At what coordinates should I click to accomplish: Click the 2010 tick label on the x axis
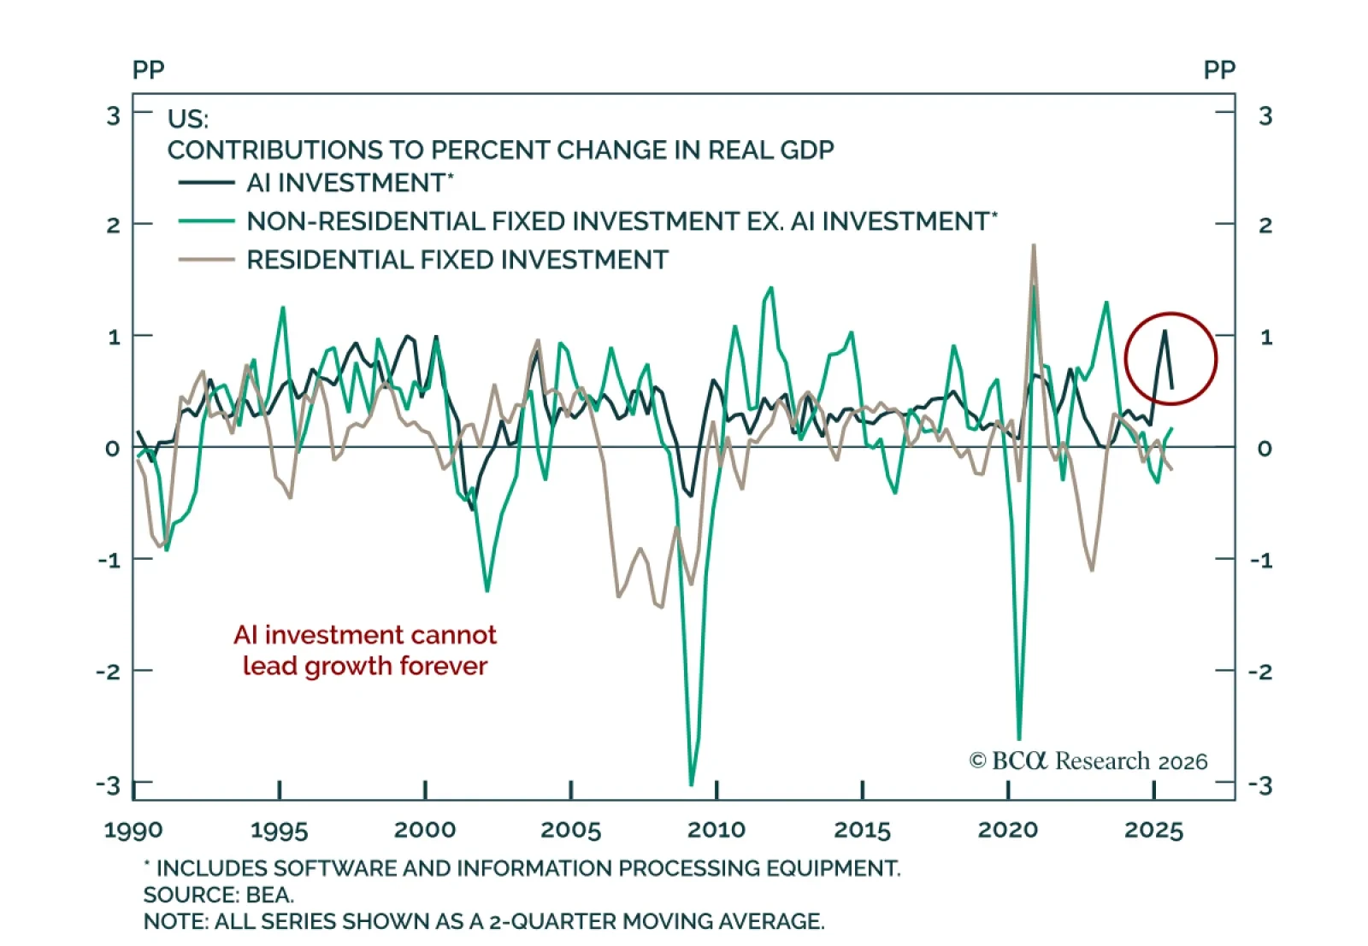pyautogui.click(x=716, y=830)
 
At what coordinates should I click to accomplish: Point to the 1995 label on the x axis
pyautogui.click(x=279, y=830)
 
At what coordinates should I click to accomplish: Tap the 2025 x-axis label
pyautogui.click(x=1154, y=830)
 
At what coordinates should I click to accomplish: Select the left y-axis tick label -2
pyautogui.click(x=109, y=672)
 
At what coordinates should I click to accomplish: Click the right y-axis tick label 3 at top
pyautogui.click(x=1265, y=115)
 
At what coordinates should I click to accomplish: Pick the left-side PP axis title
pyautogui.click(x=148, y=70)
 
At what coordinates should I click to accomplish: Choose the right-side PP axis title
pyautogui.click(x=1219, y=70)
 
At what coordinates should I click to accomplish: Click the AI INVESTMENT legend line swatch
pyautogui.click(x=206, y=183)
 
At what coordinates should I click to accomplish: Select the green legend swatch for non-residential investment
pyautogui.click(x=206, y=221)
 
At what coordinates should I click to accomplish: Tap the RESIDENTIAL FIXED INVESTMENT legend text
pyautogui.click(x=457, y=260)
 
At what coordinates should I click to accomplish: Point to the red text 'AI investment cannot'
pyautogui.click(x=365, y=635)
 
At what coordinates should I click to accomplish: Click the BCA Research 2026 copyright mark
pyautogui.click(x=1088, y=761)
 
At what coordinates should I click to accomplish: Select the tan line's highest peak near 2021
pyautogui.click(x=1034, y=245)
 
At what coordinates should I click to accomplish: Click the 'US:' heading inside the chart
pyautogui.click(x=188, y=118)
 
